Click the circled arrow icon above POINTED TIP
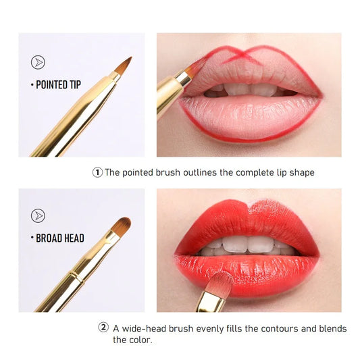click(38, 63)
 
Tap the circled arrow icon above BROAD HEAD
click(38, 216)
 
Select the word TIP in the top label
click(74, 85)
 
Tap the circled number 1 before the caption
click(97, 172)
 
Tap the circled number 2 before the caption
click(103, 328)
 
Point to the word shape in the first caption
click(301, 173)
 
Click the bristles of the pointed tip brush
click(123, 66)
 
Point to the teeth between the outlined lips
click(247, 88)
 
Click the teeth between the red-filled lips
click(246, 245)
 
